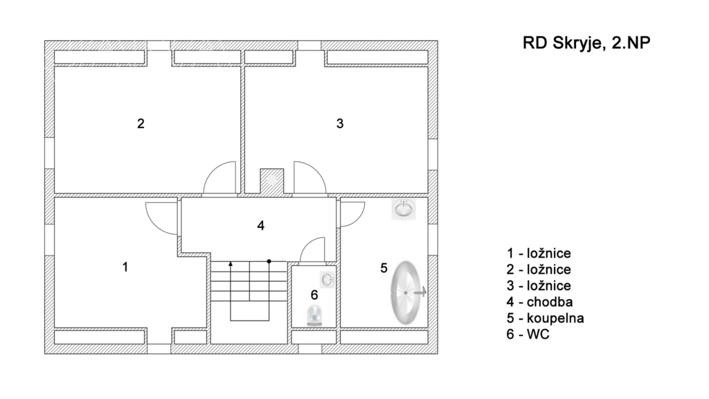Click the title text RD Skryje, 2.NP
pyautogui.click(x=586, y=43)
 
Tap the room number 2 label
pyautogui.click(x=141, y=123)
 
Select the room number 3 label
pyautogui.click(x=340, y=123)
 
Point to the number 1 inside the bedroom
pyautogui.click(x=125, y=267)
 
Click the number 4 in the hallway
pyautogui.click(x=260, y=225)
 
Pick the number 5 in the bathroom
pyautogui.click(x=384, y=268)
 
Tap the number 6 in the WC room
pyautogui.click(x=314, y=295)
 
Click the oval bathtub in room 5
pyautogui.click(x=406, y=293)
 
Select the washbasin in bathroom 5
pyautogui.click(x=404, y=209)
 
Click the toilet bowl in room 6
pyautogui.click(x=314, y=315)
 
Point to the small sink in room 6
pyautogui.click(x=327, y=280)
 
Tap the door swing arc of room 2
pyautogui.click(x=219, y=178)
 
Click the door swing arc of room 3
pyautogui.click(x=309, y=178)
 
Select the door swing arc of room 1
pyautogui.click(x=161, y=218)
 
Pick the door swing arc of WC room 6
pyautogui.click(x=312, y=249)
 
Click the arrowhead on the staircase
pyautogui.click(x=231, y=263)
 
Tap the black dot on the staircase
pyautogui.click(x=269, y=261)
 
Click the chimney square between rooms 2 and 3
pyautogui.click(x=271, y=181)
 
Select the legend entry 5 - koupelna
pyautogui.click(x=546, y=318)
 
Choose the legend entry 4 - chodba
pyautogui.click(x=540, y=302)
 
